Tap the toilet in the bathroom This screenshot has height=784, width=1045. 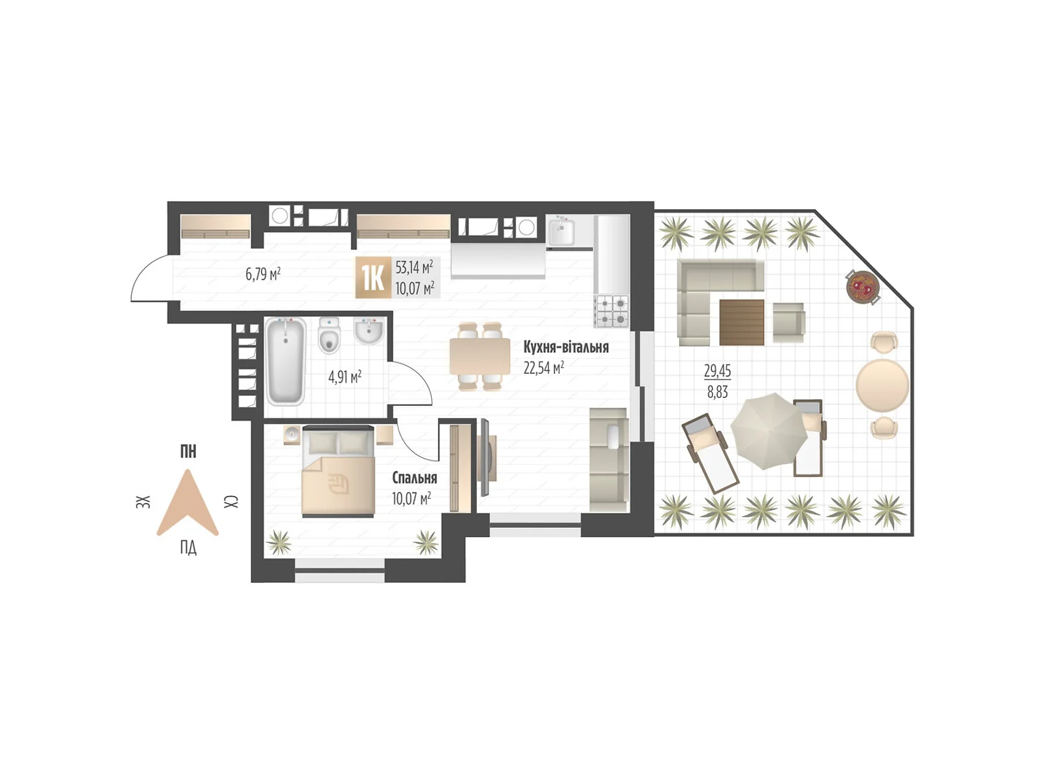[x=329, y=336]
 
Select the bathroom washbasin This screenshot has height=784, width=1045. [x=369, y=332]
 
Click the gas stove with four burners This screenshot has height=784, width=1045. [x=611, y=311]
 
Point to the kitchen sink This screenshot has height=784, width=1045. [x=561, y=232]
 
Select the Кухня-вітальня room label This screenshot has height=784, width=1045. [x=566, y=347]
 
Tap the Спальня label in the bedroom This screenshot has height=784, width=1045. [x=414, y=478]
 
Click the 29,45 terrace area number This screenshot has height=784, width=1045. [x=717, y=371]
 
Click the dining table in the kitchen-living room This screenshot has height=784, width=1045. [x=479, y=357]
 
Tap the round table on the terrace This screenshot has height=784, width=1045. [x=882, y=384]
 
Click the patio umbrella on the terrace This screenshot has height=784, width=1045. [x=768, y=431]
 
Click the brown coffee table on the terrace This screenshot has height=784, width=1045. [x=741, y=321]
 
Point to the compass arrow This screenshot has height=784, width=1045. [x=187, y=503]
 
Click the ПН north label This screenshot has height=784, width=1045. [x=188, y=451]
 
